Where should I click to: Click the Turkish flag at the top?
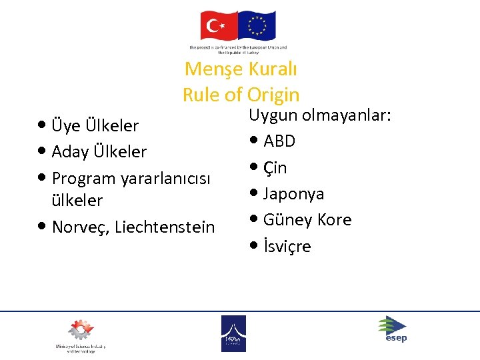pyautogui.click(x=219, y=26)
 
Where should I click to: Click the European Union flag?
pyautogui.click(x=257, y=26)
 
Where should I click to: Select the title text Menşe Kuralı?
pyautogui.click(x=241, y=69)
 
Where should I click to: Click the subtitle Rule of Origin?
pyautogui.click(x=241, y=95)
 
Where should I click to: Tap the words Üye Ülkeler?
pyautogui.click(x=95, y=125)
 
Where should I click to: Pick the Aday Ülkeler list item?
pyautogui.click(x=99, y=151)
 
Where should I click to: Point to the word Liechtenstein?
pyautogui.click(x=165, y=227)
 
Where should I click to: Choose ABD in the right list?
pyautogui.click(x=279, y=141)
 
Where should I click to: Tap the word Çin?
pyautogui.click(x=275, y=168)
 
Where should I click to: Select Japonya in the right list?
pyautogui.click(x=293, y=194)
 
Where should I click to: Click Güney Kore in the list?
pyautogui.click(x=307, y=220)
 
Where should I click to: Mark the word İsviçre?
pyautogui.click(x=287, y=247)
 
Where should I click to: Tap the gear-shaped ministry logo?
pyautogui.click(x=81, y=330)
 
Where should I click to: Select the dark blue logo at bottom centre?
pyautogui.click(x=233, y=333)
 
